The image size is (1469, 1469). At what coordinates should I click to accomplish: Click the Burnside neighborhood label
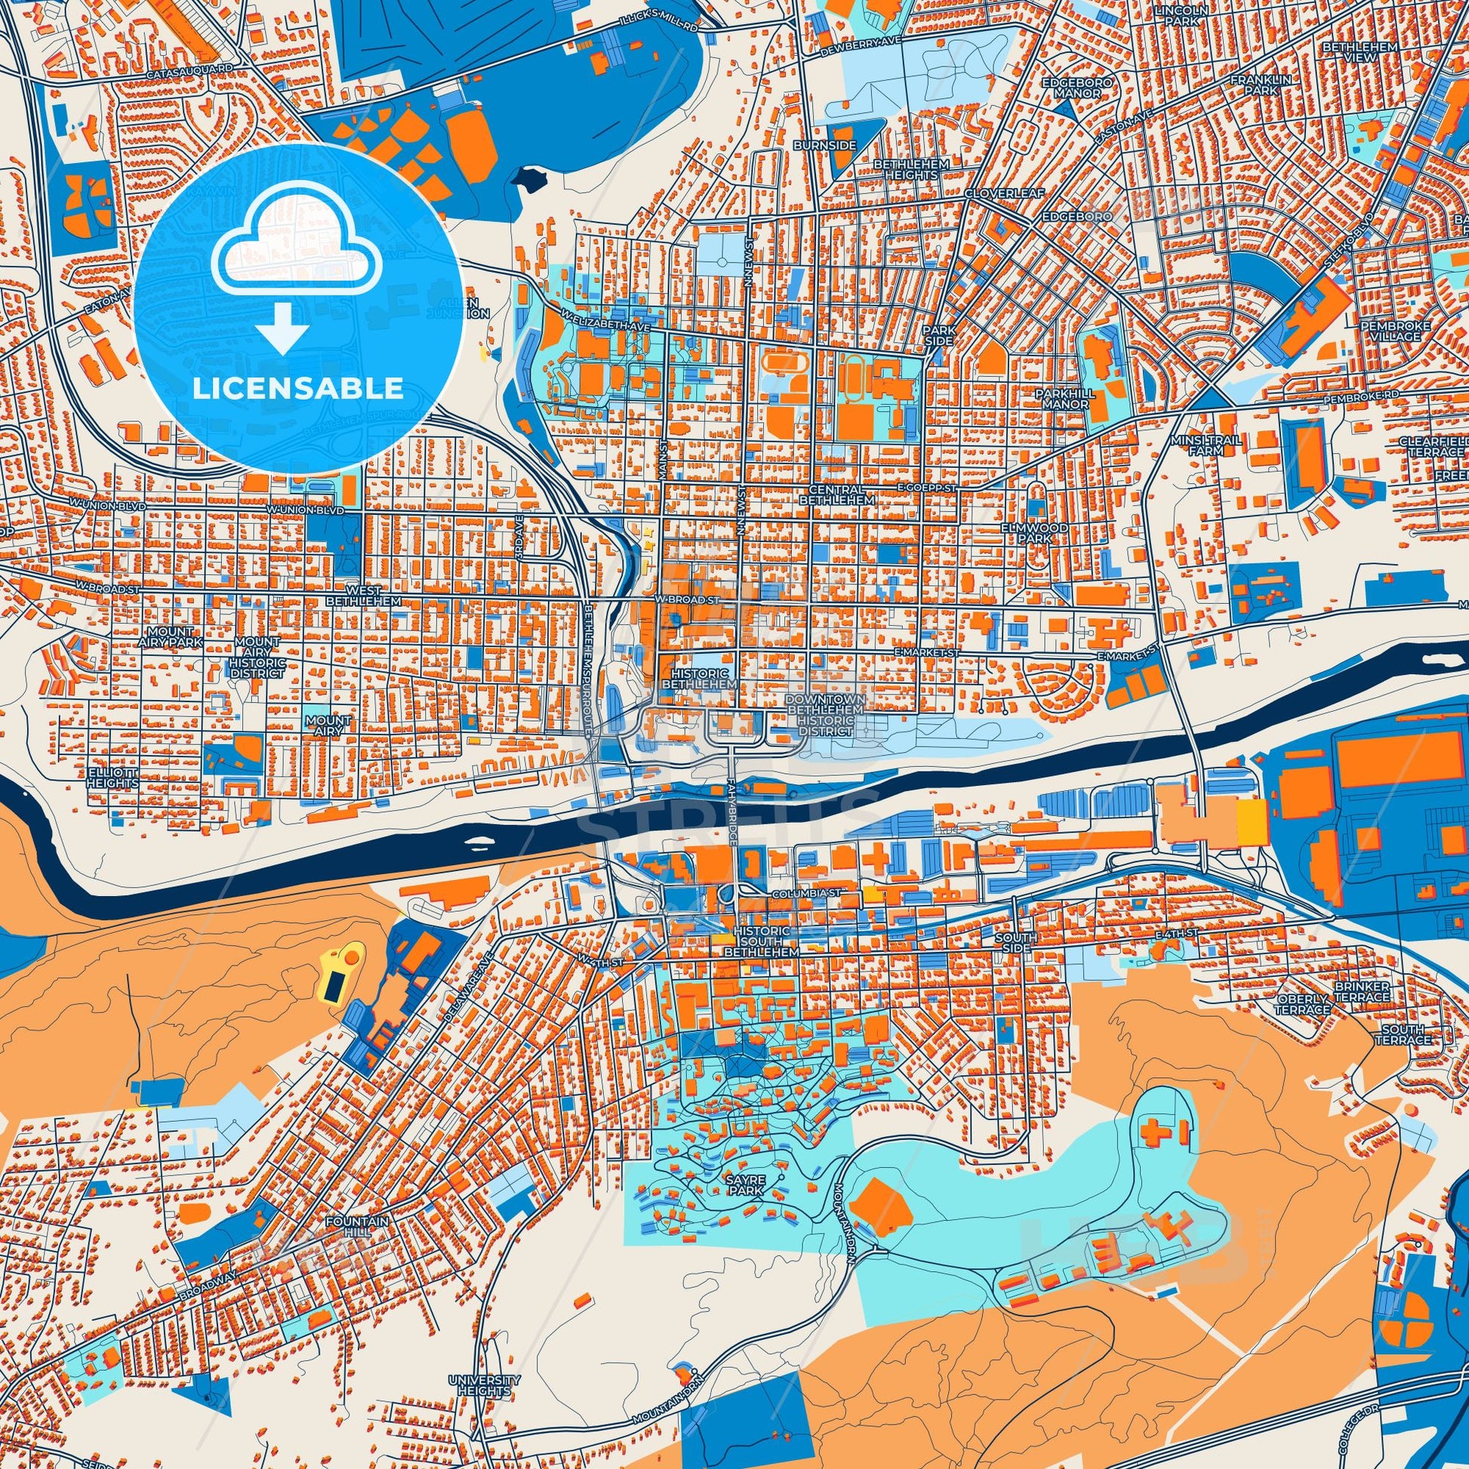[x=835, y=144]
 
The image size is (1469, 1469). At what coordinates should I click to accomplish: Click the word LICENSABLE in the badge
[x=298, y=389]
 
